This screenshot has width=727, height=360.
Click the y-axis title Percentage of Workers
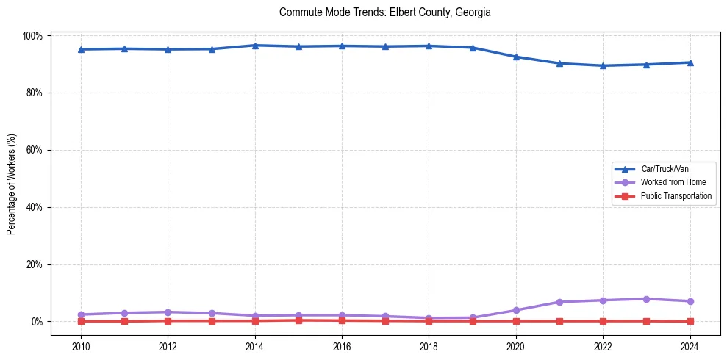pyautogui.click(x=12, y=179)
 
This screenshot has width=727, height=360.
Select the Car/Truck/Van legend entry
pyautogui.click(x=664, y=168)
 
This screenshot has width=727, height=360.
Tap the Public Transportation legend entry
pyautogui.click(x=676, y=196)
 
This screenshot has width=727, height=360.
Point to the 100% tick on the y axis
pyautogui.click(x=34, y=35)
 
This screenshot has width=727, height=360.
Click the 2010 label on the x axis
pyautogui.click(x=81, y=347)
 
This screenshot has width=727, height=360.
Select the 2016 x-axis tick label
pyautogui.click(x=342, y=347)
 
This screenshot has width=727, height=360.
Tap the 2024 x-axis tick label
pyautogui.click(x=690, y=347)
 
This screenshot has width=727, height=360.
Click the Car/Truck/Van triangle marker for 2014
pyautogui.click(x=255, y=46)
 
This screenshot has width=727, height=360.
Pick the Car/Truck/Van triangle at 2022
pyautogui.click(x=603, y=65)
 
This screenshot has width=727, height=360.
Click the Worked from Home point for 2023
pyautogui.click(x=646, y=299)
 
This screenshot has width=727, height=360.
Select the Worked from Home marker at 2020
pyautogui.click(x=516, y=310)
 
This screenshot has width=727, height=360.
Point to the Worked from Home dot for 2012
pyautogui.click(x=168, y=312)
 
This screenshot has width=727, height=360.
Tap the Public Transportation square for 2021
pyautogui.click(x=559, y=321)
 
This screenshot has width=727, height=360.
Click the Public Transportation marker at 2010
pyautogui.click(x=81, y=321)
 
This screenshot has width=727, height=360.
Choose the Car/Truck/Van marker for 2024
pyautogui.click(x=690, y=62)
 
